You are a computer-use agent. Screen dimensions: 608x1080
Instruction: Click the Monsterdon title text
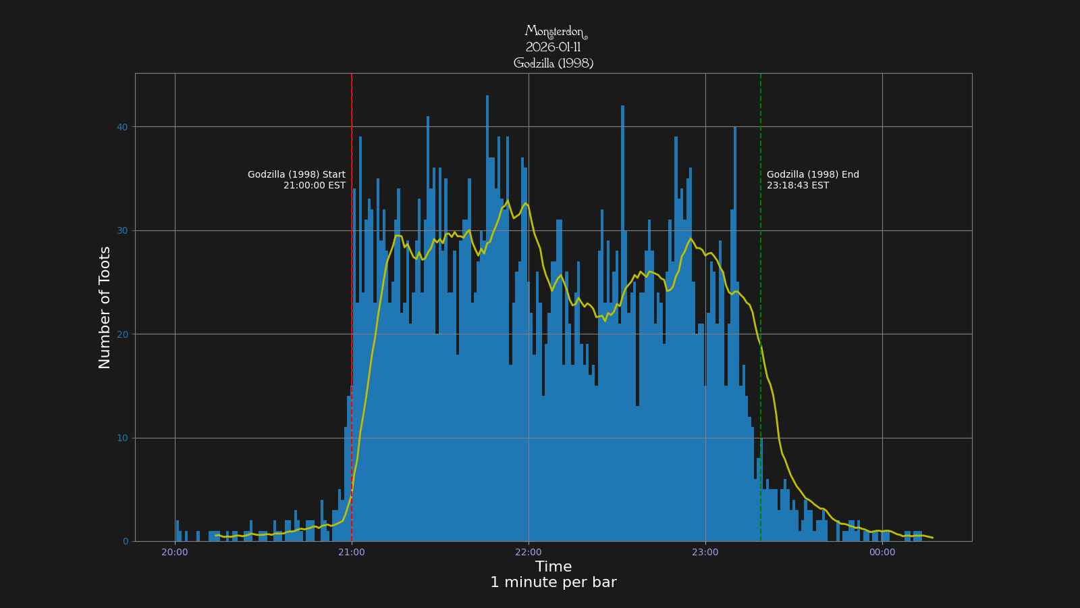tap(553, 32)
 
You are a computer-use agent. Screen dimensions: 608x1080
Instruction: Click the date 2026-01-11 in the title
tap(553, 47)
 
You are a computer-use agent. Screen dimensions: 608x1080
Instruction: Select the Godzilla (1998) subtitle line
tap(553, 64)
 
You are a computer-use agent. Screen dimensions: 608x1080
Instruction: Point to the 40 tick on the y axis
tap(122, 127)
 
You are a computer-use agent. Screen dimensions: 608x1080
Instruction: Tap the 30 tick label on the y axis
tap(122, 231)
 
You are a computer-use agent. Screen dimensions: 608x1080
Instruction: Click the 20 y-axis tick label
tap(122, 334)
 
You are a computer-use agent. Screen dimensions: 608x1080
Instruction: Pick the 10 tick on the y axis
tap(122, 438)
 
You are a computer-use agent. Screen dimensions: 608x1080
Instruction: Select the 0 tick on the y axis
tap(125, 542)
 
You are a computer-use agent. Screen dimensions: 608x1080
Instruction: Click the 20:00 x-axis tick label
tap(175, 553)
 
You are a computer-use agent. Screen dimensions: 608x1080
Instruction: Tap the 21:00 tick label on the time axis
tap(352, 553)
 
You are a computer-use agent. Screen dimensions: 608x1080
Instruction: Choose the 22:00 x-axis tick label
tap(529, 553)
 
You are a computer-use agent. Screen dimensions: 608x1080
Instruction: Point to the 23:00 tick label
tap(705, 553)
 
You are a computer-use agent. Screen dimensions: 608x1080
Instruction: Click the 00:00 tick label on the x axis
tap(882, 553)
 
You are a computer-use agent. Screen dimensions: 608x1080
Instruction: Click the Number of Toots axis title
tap(105, 307)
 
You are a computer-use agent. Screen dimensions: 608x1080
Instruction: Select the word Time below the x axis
tap(553, 567)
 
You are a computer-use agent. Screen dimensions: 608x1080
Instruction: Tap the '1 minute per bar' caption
tap(553, 582)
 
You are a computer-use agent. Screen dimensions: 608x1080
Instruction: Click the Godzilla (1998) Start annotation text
tap(296, 175)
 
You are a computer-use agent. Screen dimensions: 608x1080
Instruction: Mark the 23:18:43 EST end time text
tap(798, 186)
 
